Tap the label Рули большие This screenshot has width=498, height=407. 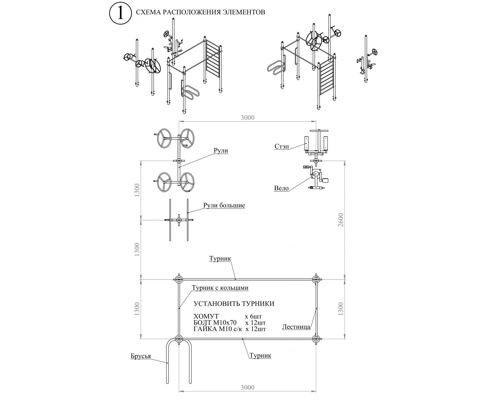click(x=224, y=205)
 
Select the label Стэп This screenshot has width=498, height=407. click(x=282, y=146)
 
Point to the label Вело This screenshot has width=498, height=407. click(x=281, y=188)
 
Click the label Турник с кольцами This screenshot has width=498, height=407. click(x=220, y=288)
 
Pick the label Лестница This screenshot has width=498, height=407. click(x=296, y=327)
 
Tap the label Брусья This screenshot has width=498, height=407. click(x=141, y=356)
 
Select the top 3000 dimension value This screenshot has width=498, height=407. click(x=247, y=118)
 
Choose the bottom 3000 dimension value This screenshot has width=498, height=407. click(x=247, y=387)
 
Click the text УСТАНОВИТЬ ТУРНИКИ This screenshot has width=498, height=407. click(x=234, y=304)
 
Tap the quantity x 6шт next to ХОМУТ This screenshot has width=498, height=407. click(x=253, y=317)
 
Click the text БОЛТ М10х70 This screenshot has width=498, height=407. click(x=215, y=323)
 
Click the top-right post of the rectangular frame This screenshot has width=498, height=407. click(x=316, y=280)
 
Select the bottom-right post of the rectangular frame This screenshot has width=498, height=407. click(x=316, y=339)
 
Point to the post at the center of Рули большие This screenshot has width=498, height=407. click(x=179, y=220)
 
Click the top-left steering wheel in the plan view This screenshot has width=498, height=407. click(x=164, y=138)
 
